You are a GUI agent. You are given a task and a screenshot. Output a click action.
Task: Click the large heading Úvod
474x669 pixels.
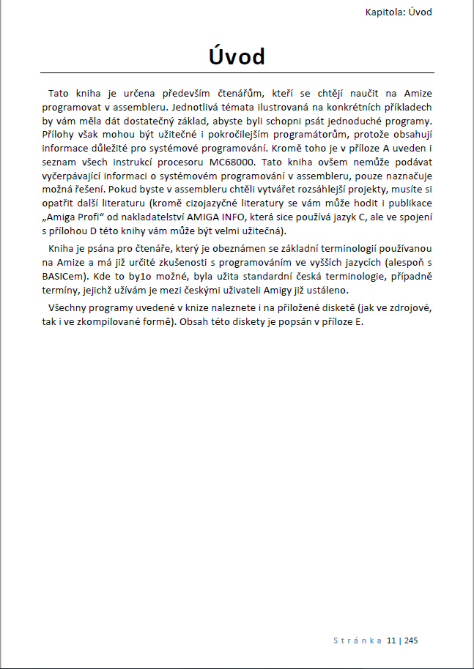(x=237, y=56)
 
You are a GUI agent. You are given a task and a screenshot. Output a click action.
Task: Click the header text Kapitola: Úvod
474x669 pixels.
(x=399, y=12)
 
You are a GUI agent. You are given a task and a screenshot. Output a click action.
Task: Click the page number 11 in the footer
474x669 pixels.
(x=391, y=640)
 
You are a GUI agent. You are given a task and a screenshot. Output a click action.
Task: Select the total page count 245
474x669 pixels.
(x=410, y=640)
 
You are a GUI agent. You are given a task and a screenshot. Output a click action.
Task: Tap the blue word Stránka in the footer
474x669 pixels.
(x=358, y=640)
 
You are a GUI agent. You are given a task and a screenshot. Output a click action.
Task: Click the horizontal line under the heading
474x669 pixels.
(x=237, y=73)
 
